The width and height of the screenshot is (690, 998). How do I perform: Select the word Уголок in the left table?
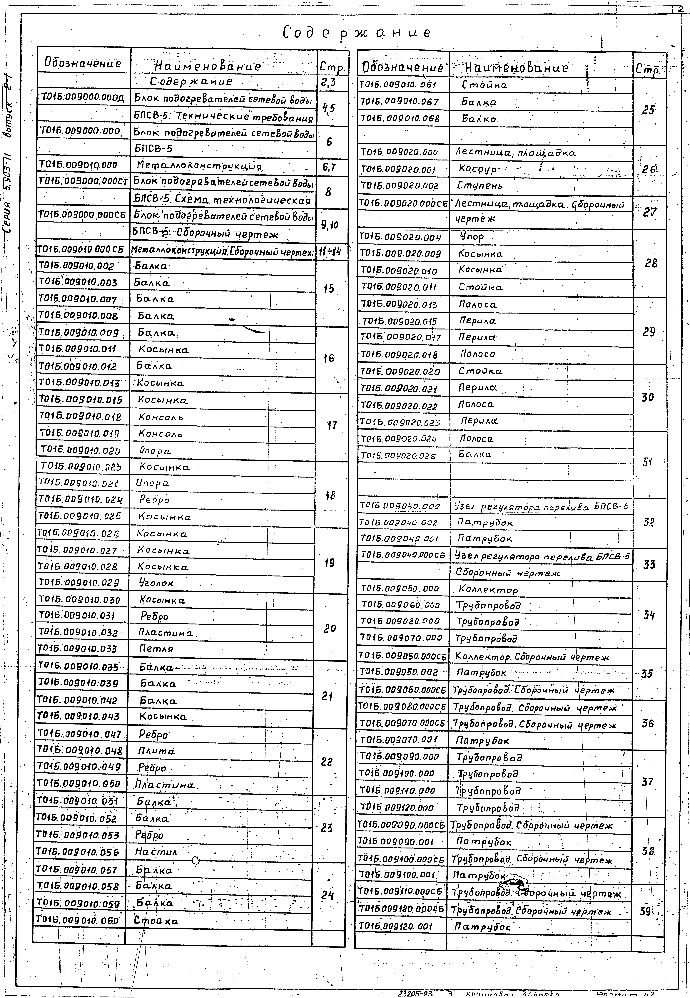click(x=156, y=583)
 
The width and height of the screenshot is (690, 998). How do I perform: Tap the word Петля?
click(x=156, y=649)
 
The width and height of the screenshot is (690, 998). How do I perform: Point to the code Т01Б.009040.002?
click(x=398, y=523)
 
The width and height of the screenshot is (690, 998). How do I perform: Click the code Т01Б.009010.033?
click(x=78, y=649)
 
